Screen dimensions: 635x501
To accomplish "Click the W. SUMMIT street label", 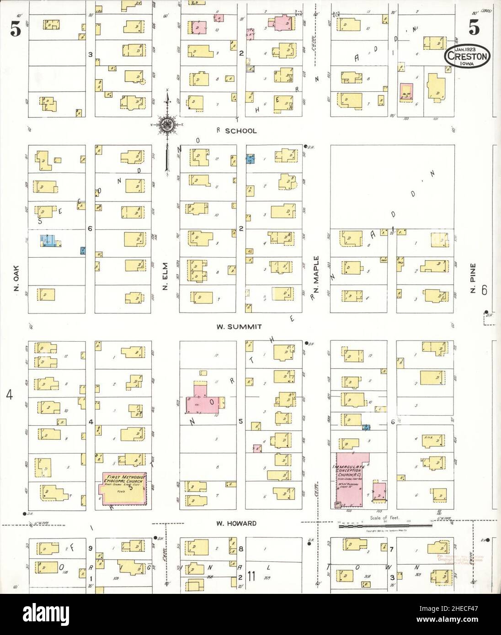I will click(x=239, y=327).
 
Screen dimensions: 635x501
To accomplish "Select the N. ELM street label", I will click(x=165, y=275).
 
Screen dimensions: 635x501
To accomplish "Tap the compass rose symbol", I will click(x=168, y=122).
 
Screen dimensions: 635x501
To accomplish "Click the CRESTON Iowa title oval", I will click(x=466, y=57).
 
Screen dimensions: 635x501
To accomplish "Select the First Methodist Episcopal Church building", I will click(x=124, y=489).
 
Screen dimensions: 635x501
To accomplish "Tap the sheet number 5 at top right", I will click(x=474, y=29).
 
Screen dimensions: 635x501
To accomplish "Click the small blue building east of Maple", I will click(x=366, y=427).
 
